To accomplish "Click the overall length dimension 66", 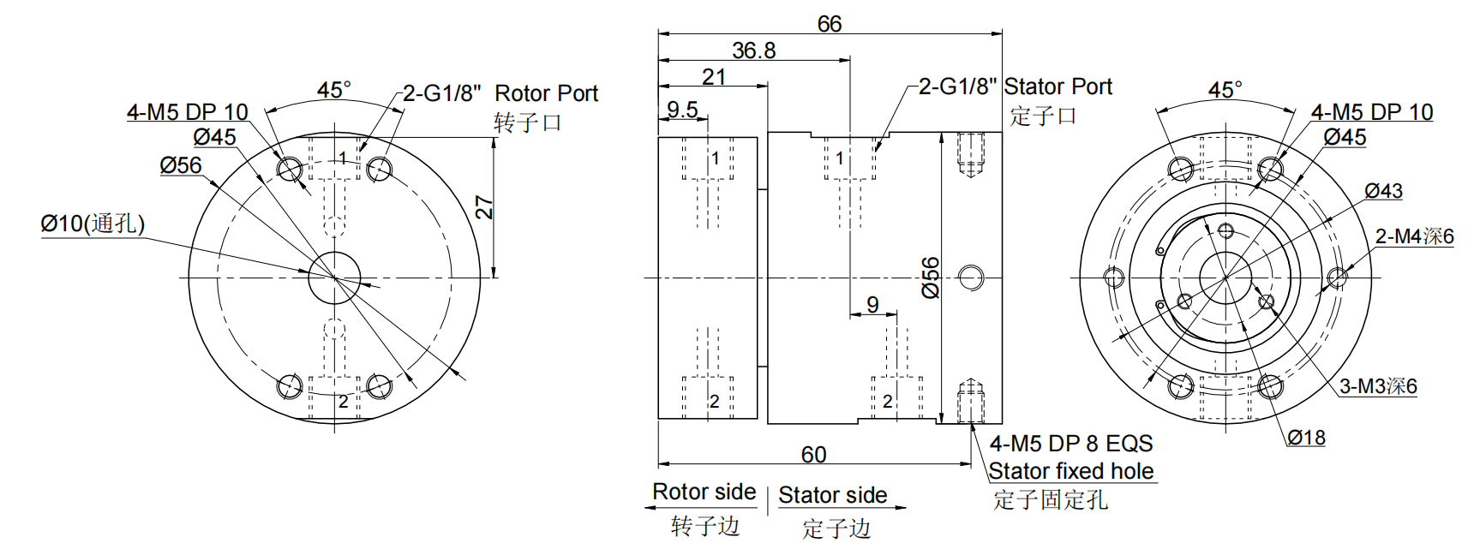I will (x=829, y=23).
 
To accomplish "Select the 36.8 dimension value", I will (x=753, y=51).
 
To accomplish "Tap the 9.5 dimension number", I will (x=682, y=110).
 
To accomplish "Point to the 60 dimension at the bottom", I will (x=813, y=454).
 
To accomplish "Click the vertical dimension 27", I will (x=485, y=208).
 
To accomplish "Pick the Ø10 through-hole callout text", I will (x=93, y=224).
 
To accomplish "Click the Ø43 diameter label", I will (x=1383, y=191).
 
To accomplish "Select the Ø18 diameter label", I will (x=1306, y=438).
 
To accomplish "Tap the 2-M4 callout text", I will (x=1414, y=236).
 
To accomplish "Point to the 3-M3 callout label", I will (x=1378, y=386).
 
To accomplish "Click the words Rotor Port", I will (x=546, y=93).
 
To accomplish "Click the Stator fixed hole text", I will (x=1070, y=471).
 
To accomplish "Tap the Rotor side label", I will (x=704, y=492).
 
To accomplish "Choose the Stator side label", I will (x=832, y=495).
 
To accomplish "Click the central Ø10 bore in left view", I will (x=334, y=277).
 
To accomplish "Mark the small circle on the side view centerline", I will (x=970, y=277).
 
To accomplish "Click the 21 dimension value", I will (x=714, y=77).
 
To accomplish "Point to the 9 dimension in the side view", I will (x=872, y=305).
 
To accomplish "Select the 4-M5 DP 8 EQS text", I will (x=1070, y=444).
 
